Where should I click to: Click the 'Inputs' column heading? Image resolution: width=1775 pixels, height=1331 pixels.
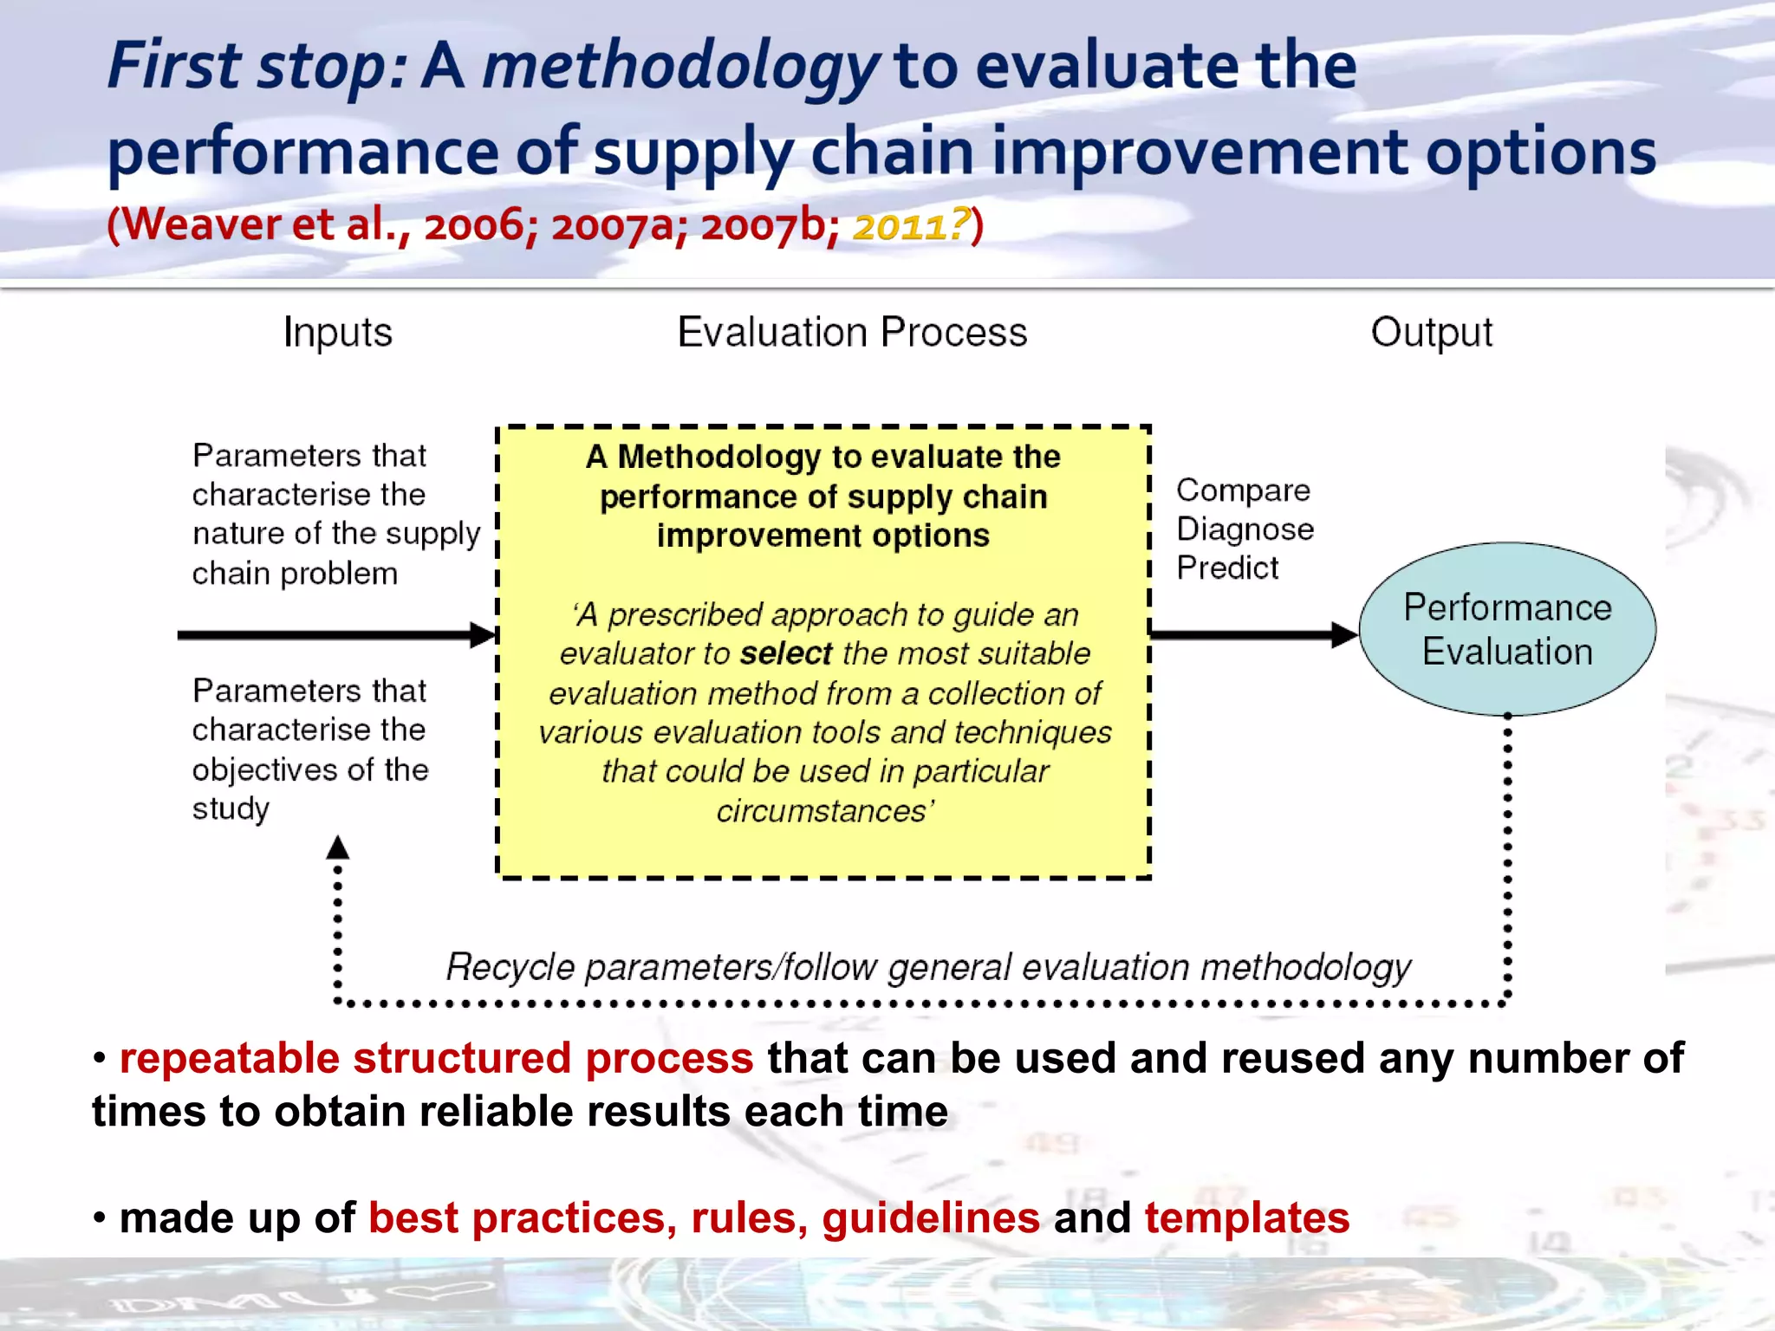(337, 333)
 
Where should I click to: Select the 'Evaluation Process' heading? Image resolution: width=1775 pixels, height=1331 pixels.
(852, 333)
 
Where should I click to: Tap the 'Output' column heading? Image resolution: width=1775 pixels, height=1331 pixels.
(1431, 333)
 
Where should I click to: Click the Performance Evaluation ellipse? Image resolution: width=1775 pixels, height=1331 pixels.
(1506, 629)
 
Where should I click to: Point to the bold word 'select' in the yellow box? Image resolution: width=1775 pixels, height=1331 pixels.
(785, 653)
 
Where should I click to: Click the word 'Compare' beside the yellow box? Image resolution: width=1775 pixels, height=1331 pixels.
(1242, 490)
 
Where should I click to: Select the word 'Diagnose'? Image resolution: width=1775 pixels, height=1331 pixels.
(1245, 529)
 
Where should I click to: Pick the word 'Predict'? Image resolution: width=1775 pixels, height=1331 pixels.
(1226, 568)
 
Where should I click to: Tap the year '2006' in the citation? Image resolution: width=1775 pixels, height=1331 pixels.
(474, 226)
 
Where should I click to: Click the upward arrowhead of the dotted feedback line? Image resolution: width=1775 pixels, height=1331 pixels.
(338, 847)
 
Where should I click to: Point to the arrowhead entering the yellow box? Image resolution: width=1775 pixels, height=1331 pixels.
(483, 635)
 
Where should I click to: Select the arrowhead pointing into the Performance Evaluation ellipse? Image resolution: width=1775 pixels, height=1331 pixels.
(1344, 635)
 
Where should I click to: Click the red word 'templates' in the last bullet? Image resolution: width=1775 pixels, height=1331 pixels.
(1246, 1217)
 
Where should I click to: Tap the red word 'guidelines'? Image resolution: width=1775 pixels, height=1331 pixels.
(930, 1217)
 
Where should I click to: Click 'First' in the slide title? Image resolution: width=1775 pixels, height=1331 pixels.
(174, 67)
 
